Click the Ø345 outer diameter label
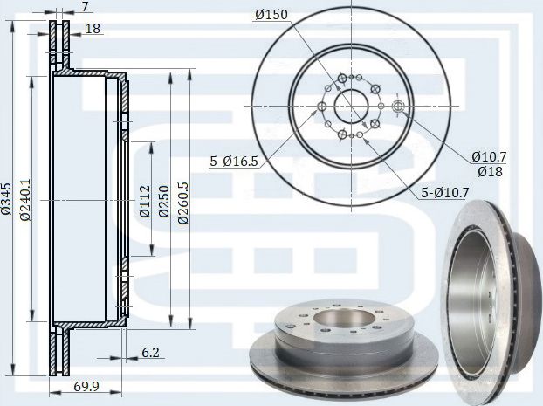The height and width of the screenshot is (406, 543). (7, 199)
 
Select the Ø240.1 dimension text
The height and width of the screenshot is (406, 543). (25, 200)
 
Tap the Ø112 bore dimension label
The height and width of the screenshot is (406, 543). (145, 202)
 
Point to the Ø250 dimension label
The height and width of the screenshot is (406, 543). (164, 202)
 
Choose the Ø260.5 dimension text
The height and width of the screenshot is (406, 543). (182, 203)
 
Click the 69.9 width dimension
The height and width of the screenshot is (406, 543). (86, 386)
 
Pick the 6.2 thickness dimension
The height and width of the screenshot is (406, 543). (151, 353)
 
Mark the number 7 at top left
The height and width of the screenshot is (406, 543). (85, 6)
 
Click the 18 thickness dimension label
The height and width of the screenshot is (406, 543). (93, 29)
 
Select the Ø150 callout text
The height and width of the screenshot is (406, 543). (271, 15)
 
